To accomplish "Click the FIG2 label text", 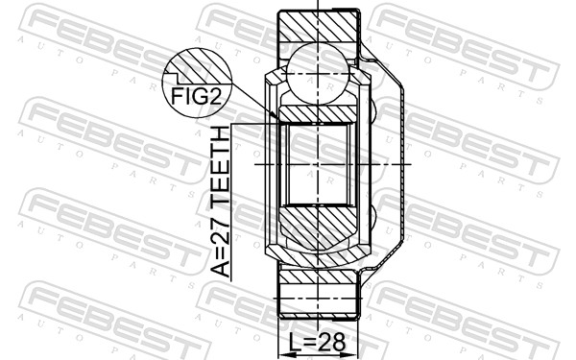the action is point(197,96).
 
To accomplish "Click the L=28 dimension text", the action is point(317,342).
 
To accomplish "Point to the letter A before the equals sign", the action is point(220,268).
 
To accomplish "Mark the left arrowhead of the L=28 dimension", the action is point(283,355).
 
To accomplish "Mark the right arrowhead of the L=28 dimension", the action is point(352,355).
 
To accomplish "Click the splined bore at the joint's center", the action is point(318,164).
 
